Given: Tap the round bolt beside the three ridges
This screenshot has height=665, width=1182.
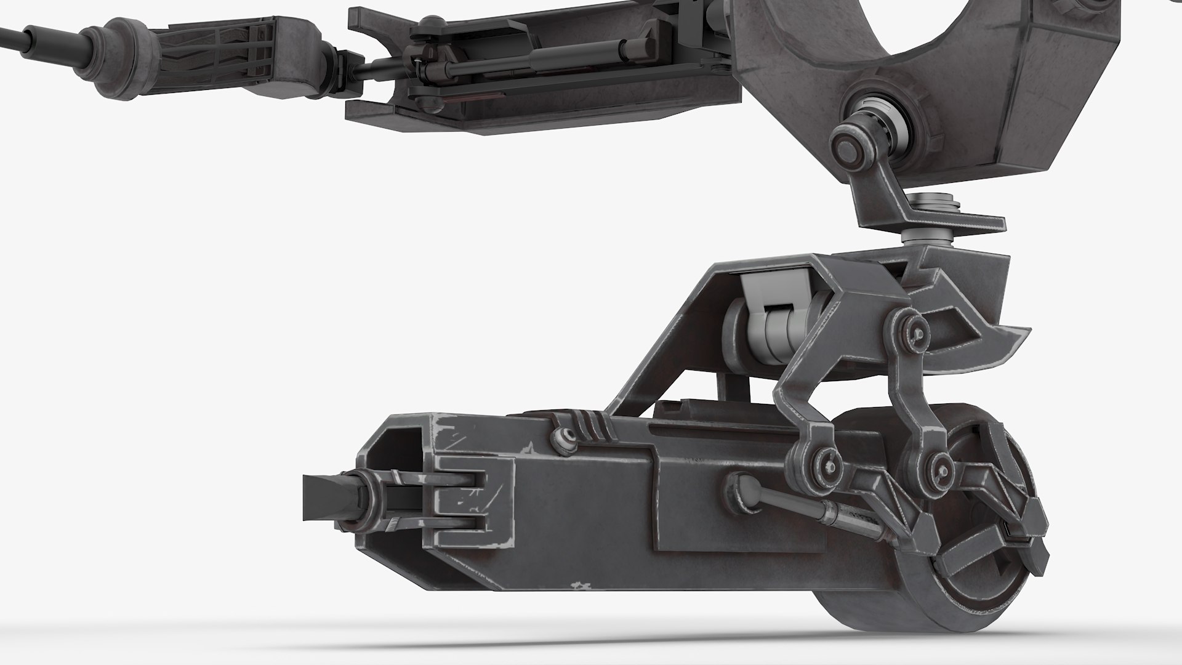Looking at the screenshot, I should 561,438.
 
